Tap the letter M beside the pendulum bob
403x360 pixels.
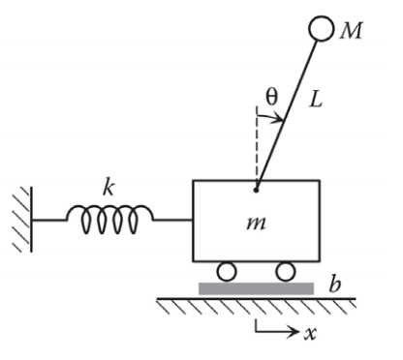pyautogui.click(x=351, y=32)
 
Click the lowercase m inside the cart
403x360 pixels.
pyautogui.click(x=256, y=225)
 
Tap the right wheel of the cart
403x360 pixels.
pyautogui.click(x=285, y=271)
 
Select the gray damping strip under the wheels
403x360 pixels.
pyautogui.click(x=256, y=287)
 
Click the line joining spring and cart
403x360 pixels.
pyautogui.click(x=172, y=220)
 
